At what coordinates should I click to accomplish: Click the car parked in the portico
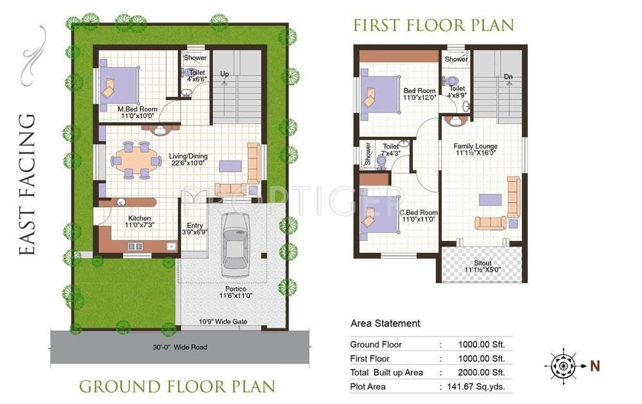pyautogui.click(x=236, y=245)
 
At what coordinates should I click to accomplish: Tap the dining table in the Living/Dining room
pyautogui.click(x=136, y=160)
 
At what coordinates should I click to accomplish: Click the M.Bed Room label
pyautogui.click(x=137, y=109)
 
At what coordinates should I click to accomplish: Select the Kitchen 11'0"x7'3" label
pyautogui.click(x=139, y=222)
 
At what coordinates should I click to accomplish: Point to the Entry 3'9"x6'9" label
pyautogui.click(x=195, y=229)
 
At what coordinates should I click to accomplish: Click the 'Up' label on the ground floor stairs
pyautogui.click(x=224, y=74)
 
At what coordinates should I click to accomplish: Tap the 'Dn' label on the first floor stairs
pyautogui.click(x=508, y=76)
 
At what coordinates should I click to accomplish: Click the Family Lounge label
pyautogui.click(x=475, y=146)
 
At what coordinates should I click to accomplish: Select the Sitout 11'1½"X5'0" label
pyautogui.click(x=482, y=267)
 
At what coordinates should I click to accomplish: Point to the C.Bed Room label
pyautogui.click(x=419, y=213)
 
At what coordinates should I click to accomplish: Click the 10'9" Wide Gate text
pyautogui.click(x=223, y=322)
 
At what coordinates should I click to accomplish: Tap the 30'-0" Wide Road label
pyautogui.click(x=180, y=347)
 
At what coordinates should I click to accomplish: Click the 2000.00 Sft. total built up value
pyautogui.click(x=481, y=373)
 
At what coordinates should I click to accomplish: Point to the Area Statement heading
pyautogui.click(x=385, y=323)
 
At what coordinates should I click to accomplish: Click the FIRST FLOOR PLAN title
pyautogui.click(x=433, y=26)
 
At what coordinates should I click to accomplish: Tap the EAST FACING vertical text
pyautogui.click(x=28, y=184)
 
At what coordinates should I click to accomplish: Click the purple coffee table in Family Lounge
pyautogui.click(x=490, y=200)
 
